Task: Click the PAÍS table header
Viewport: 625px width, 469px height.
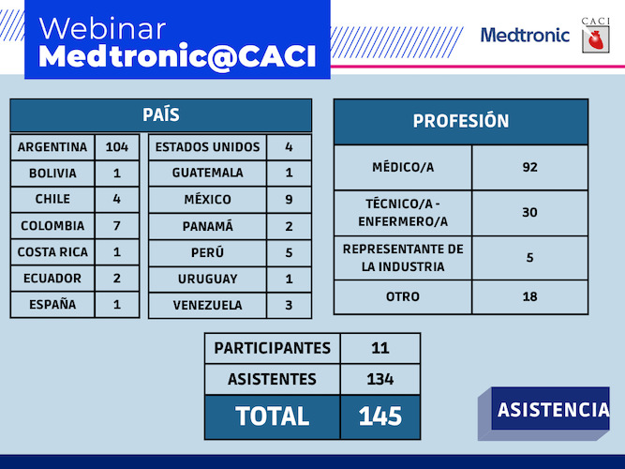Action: tap(161, 115)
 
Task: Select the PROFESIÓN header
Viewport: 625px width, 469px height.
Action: tap(461, 121)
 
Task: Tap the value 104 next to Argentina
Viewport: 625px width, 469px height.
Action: tap(117, 147)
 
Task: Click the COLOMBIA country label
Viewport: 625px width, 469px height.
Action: tap(52, 225)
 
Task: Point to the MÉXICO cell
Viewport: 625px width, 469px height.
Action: tap(207, 199)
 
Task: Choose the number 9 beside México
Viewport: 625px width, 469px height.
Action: tap(289, 199)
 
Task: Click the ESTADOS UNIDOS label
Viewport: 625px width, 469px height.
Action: tap(207, 147)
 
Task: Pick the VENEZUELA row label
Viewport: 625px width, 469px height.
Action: tap(207, 305)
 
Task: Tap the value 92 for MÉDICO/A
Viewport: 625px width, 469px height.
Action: tap(529, 167)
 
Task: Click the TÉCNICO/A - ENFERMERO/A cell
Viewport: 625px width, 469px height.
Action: tap(403, 212)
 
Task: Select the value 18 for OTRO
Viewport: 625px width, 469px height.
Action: tap(529, 296)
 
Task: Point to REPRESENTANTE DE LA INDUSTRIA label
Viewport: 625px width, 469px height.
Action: tap(403, 257)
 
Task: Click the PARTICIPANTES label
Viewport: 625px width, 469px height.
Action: tap(273, 348)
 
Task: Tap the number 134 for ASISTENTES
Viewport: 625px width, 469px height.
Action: tap(380, 379)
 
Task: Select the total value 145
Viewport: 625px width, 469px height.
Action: tap(380, 416)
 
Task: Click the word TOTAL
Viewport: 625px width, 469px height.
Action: tap(273, 416)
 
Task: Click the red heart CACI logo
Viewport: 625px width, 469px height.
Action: tap(596, 39)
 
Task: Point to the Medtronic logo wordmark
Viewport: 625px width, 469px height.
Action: tap(525, 35)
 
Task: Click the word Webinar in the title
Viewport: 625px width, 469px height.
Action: tap(102, 29)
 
